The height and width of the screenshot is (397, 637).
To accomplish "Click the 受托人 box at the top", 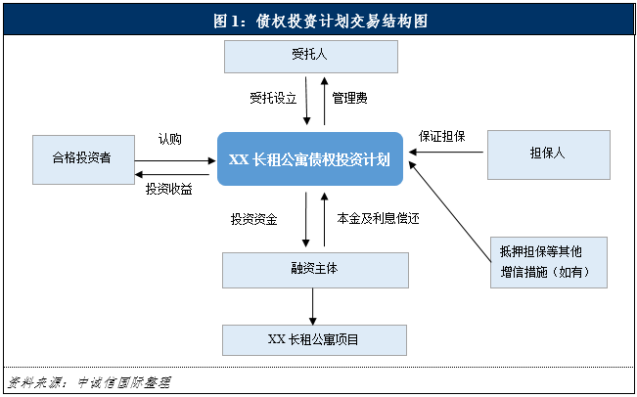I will coord(311,56).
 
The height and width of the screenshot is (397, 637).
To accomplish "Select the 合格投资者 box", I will coord(82,156).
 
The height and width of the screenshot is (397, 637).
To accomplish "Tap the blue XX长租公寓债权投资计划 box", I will coord(309,159).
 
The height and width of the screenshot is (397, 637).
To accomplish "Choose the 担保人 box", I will coord(548,154).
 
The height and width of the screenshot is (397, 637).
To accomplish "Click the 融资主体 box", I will coord(314,270).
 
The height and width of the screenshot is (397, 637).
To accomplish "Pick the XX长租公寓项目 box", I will coord(314,339).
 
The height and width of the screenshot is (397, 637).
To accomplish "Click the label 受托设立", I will coord(273,99).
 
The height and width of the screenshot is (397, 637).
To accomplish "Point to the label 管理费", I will coord(349,99).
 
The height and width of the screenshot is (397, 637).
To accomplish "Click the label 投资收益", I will coord(169,188).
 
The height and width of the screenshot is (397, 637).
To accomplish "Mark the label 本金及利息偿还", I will coord(378,219).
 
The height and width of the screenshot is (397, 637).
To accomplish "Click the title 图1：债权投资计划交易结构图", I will coord(319,20).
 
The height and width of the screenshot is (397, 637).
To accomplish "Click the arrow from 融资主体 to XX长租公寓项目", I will coord(313,306).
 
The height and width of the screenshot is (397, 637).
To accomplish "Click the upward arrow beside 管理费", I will coord(325,100).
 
